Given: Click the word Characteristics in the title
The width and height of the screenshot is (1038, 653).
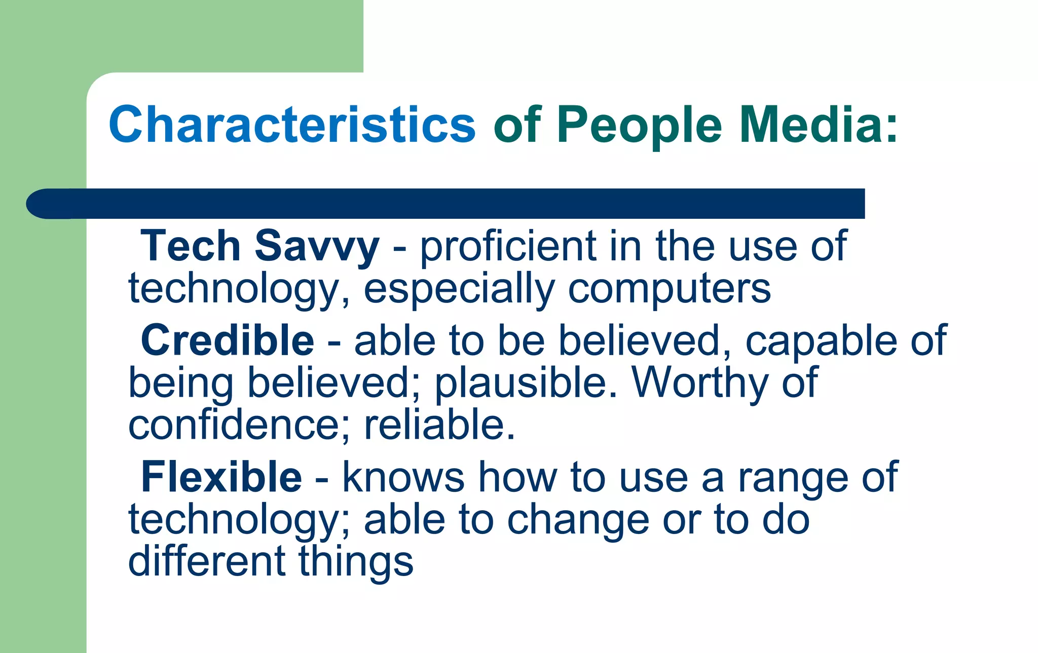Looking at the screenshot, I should (x=292, y=125).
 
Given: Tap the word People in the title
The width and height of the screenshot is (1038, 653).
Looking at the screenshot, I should (x=639, y=125).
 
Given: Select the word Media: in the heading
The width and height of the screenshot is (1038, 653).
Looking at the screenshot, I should (x=818, y=125).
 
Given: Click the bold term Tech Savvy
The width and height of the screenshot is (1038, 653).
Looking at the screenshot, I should (x=259, y=246).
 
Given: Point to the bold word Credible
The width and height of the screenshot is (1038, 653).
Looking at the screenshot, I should (x=227, y=340).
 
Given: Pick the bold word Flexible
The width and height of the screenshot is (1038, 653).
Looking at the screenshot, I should (x=221, y=477).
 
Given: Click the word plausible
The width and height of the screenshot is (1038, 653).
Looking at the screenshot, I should (x=526, y=383).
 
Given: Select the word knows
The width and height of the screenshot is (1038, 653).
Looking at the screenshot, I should (x=403, y=477).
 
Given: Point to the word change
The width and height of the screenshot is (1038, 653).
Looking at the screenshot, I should (x=578, y=521).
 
